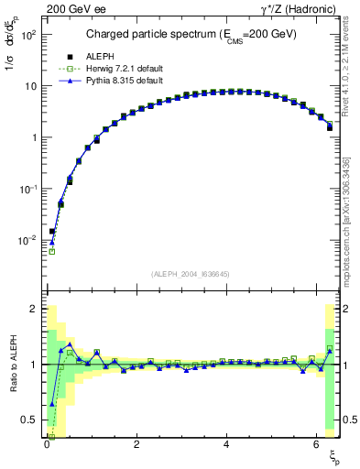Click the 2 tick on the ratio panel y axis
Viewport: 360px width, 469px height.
pos(36,309)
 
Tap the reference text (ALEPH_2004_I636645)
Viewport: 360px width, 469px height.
pos(191,274)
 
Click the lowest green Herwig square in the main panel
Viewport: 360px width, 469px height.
pos(52,251)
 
